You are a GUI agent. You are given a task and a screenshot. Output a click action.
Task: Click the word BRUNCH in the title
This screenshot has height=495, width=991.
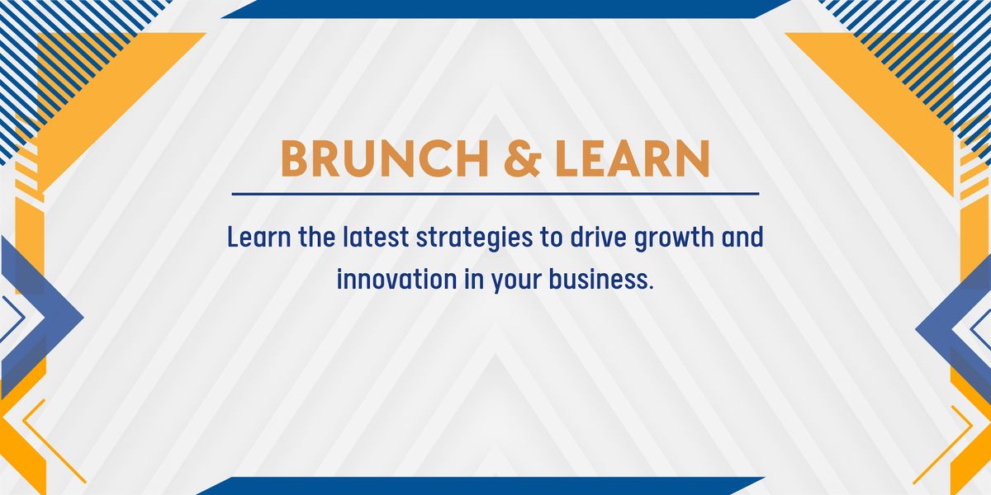[x=385, y=158]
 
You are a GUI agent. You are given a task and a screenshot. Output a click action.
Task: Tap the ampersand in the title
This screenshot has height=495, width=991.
[x=523, y=158]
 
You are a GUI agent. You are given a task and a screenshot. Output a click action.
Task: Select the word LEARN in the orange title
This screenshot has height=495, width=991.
[x=633, y=158]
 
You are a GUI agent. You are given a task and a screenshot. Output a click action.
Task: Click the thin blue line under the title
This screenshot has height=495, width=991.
[x=495, y=194]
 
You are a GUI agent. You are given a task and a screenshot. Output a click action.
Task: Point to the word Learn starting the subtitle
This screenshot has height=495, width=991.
[x=259, y=237]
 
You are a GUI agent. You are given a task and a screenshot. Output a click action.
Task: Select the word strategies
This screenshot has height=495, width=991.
[x=475, y=238]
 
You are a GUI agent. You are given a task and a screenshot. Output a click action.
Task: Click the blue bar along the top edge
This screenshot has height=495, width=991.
[x=505, y=9]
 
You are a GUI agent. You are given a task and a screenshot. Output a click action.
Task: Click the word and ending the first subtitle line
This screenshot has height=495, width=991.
[x=742, y=237]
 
